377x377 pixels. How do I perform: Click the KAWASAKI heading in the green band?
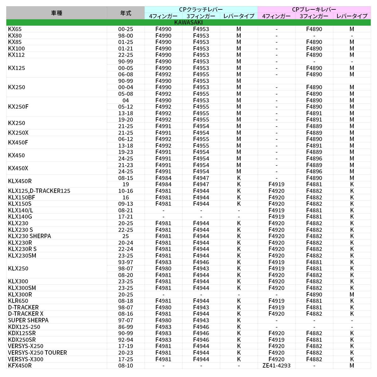(188, 23)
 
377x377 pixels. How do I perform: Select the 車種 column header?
(57, 13)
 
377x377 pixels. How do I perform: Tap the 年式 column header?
(126, 13)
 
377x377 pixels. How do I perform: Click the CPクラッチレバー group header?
(201, 9)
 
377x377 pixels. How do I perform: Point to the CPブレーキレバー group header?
(314, 9)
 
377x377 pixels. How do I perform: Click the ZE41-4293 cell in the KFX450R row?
(276, 365)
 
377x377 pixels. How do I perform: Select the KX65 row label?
(15, 29)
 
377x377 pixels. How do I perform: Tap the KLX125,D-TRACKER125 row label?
(39, 191)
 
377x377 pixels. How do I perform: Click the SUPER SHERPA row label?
(28, 320)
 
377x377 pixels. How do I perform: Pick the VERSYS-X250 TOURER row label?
(37, 352)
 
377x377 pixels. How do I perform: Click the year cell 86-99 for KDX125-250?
(126, 327)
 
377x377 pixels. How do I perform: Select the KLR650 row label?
(18, 301)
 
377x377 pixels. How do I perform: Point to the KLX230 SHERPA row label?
(30, 236)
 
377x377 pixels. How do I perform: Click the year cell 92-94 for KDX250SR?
(126, 340)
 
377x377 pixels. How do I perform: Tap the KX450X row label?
(18, 168)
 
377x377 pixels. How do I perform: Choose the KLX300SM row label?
(22, 288)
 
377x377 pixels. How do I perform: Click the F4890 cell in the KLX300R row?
(314, 294)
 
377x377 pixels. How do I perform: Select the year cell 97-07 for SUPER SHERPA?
(126, 320)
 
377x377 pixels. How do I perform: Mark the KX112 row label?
(16, 55)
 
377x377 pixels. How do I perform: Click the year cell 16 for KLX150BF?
(126, 197)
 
